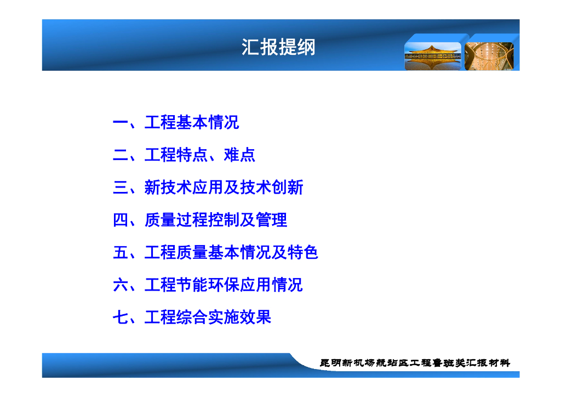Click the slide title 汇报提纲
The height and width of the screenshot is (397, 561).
tap(278, 47)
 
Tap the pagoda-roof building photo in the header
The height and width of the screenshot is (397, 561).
tap(433, 56)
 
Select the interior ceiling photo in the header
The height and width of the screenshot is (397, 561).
tap(489, 56)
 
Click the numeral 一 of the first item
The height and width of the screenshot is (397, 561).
tap(121, 123)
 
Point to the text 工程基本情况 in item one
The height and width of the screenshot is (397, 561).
tap(192, 122)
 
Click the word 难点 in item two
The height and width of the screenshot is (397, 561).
tap(240, 155)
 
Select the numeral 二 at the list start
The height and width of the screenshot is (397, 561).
tap(121, 155)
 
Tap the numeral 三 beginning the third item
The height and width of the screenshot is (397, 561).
tap(121, 188)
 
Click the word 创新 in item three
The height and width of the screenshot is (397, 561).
tap(288, 187)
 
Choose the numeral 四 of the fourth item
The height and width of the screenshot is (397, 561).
tap(121, 220)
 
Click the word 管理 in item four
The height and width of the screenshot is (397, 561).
tap(272, 220)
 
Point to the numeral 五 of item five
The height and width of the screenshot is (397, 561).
tap(121, 252)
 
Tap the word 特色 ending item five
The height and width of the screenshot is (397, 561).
tap(302, 252)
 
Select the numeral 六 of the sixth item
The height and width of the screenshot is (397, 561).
tap(121, 285)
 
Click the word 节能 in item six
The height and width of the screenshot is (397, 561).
tap(192, 285)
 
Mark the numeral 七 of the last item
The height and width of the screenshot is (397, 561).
tap(121, 317)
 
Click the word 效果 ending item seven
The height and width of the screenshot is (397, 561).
tap(255, 317)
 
